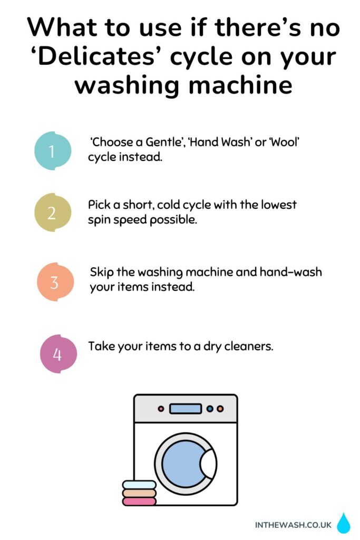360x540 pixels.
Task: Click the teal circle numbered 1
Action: click(x=53, y=151)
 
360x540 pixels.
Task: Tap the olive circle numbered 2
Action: click(x=52, y=213)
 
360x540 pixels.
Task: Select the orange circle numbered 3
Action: click(x=55, y=282)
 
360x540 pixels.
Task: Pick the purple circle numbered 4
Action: click(x=58, y=353)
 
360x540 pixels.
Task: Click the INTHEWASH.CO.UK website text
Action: click(x=293, y=525)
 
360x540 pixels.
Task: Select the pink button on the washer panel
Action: click(x=161, y=409)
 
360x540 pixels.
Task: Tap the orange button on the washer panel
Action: click(x=220, y=409)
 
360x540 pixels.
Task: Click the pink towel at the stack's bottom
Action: click(x=139, y=501)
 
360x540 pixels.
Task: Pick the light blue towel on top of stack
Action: click(x=139, y=484)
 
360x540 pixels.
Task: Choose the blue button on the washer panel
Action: click(x=210, y=409)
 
